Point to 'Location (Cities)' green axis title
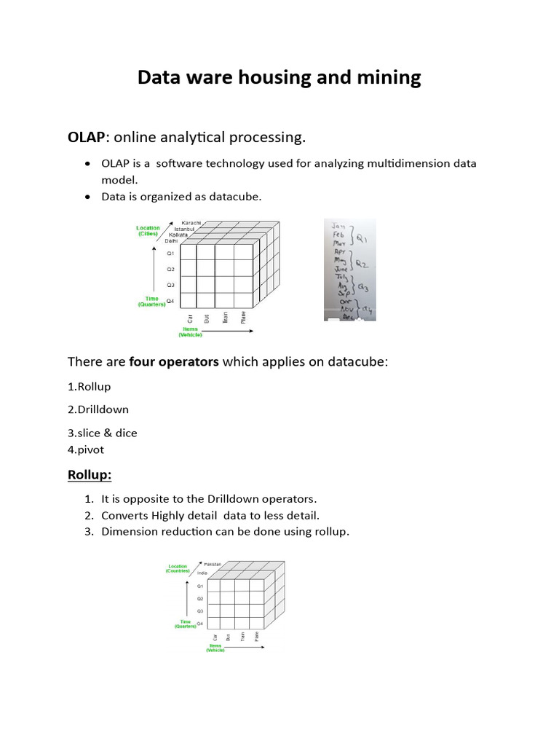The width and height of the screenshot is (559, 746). [148, 231]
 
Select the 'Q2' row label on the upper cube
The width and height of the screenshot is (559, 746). [170, 269]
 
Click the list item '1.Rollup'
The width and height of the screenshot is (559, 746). [90, 386]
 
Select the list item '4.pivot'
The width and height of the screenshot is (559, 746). [86, 450]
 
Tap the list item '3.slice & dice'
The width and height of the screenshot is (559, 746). [103, 433]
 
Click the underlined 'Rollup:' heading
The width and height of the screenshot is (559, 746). [90, 475]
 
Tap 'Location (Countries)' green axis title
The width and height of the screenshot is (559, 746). [178, 569]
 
